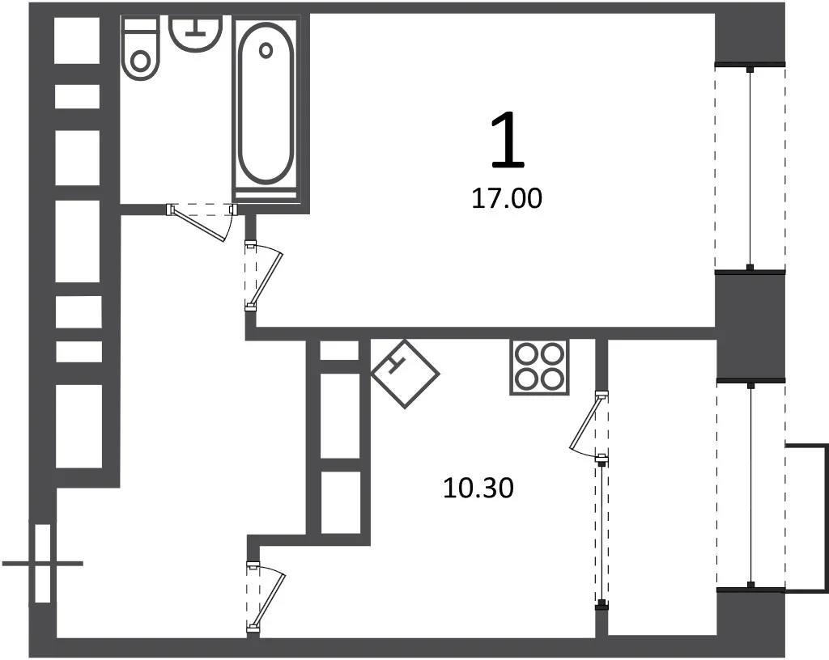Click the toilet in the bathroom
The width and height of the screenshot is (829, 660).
pos(140,48)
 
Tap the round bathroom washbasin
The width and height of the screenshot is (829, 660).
pos(195,33)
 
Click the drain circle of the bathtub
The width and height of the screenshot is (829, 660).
pos(266,51)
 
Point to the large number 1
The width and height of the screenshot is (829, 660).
pos(508,141)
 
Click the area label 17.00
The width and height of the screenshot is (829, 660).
pos(507,199)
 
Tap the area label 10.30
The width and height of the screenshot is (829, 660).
pos(478,488)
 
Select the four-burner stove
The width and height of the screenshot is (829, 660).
pos(540,367)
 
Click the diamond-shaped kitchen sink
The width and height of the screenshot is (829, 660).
pos(405,374)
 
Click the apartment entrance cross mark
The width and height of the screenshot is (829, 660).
pos(43,564)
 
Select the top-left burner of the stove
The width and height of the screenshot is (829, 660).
pos(527,353)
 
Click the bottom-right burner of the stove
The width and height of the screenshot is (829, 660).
pos(552,379)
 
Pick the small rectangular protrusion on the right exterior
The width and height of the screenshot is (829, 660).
pos(807,518)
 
